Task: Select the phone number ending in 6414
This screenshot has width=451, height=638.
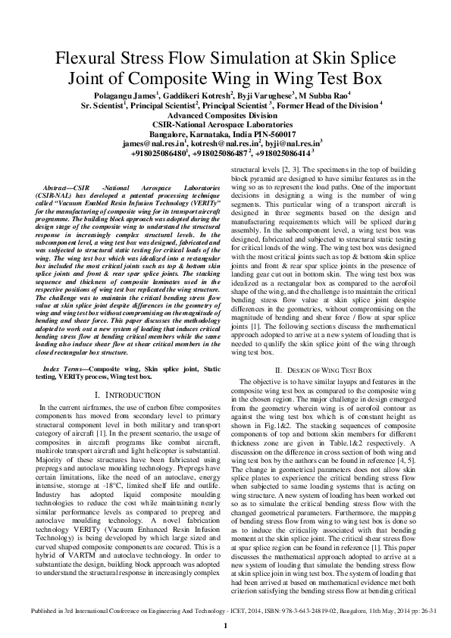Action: [x=289, y=152]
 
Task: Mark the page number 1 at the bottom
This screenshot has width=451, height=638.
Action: [x=225, y=626]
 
